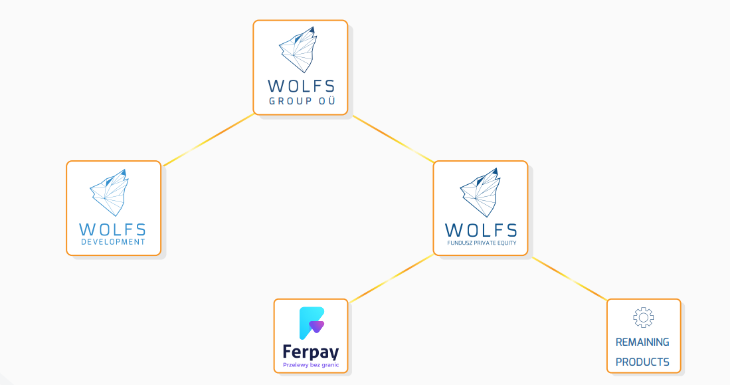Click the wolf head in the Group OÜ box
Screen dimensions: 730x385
pyautogui.click(x=298, y=50)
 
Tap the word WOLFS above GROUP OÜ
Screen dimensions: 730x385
pyautogui.click(x=301, y=86)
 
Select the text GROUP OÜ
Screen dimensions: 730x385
pyautogui.click(x=302, y=100)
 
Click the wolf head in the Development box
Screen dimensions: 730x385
pyautogui.click(x=109, y=193)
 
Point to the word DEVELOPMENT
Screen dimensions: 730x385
pyautogui.click(x=113, y=242)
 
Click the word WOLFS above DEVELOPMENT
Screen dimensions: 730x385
pyautogui.click(x=113, y=230)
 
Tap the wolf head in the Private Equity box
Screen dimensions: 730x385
pyautogui.click(x=480, y=193)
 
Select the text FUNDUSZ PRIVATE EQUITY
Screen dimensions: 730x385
pyautogui.click(x=482, y=243)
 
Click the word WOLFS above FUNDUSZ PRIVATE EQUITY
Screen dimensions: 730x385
pyautogui.click(x=481, y=230)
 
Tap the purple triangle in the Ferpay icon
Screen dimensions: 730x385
pyautogui.click(x=317, y=326)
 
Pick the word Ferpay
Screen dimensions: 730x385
pyautogui.click(x=311, y=352)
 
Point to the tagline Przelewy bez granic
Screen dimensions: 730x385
pyautogui.click(x=311, y=365)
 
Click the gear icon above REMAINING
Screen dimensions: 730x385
pyautogui.click(x=644, y=318)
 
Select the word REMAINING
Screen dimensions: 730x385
pyautogui.click(x=642, y=342)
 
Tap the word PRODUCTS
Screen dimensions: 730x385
pyautogui.click(x=642, y=362)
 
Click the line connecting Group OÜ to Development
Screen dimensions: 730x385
pyautogui.click(x=208, y=140)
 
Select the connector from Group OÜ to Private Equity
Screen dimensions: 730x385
pyautogui.click(x=394, y=140)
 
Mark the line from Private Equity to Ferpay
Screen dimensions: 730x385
pyautogui.click(x=391, y=278)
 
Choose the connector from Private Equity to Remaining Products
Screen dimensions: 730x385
pyautogui.click(x=569, y=279)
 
